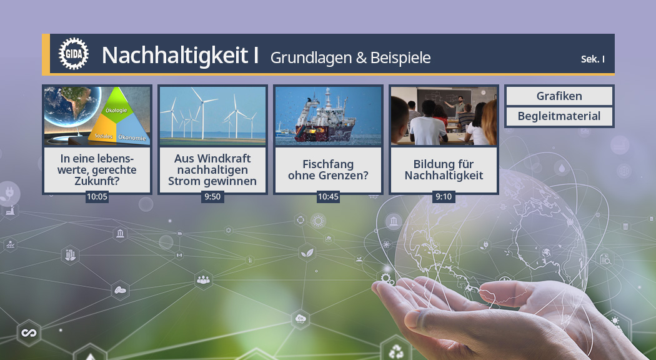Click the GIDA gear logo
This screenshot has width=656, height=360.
click(x=70, y=54)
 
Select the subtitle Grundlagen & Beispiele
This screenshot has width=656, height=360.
click(x=350, y=57)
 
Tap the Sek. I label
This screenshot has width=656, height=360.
click(x=593, y=59)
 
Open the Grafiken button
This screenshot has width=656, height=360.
click(x=559, y=96)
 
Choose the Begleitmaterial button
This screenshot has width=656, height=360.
click(x=559, y=116)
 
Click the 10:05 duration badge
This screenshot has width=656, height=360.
click(x=97, y=197)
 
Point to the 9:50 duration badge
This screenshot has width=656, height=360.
click(x=212, y=197)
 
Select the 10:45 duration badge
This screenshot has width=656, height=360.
click(x=328, y=197)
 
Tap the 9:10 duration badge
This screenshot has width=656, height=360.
click(x=444, y=197)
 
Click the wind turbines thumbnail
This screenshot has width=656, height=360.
click(x=212, y=116)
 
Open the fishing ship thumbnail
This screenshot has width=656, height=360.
click(x=328, y=116)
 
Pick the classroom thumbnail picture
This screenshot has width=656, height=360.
click(x=444, y=116)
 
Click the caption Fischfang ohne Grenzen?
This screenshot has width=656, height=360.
click(x=328, y=170)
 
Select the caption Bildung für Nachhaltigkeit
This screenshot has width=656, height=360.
click(x=444, y=170)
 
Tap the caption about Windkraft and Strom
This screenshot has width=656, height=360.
click(x=212, y=170)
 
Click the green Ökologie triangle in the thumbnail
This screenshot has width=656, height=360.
click(x=117, y=107)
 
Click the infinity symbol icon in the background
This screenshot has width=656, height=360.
click(x=28, y=332)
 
